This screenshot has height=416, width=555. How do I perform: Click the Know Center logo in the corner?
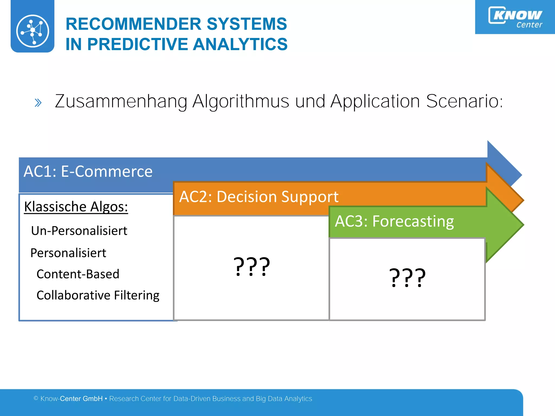[x=515, y=17]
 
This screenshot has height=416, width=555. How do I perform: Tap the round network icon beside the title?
[x=33, y=31]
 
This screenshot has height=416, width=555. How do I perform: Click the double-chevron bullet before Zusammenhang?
[x=38, y=103]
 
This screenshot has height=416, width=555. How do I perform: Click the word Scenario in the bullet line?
[x=464, y=101]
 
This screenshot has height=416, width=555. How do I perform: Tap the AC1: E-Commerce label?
[x=88, y=171]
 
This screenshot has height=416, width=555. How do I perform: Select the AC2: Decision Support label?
[x=259, y=197]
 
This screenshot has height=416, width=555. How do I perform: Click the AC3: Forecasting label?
[x=394, y=221]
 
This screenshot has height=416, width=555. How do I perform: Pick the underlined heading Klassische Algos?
[x=76, y=207]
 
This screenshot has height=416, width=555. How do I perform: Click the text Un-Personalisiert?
[x=79, y=231]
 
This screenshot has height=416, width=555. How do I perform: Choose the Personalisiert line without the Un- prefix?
[x=68, y=253]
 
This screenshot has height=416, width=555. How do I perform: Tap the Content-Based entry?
[x=78, y=274]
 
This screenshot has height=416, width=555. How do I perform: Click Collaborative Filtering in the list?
[x=98, y=295]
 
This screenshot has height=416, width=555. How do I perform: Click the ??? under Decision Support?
[x=251, y=267]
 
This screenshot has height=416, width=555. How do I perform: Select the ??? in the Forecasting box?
[x=407, y=278]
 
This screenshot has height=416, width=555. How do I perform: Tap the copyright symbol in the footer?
[x=36, y=398]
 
